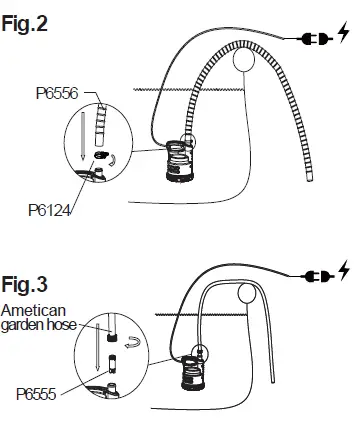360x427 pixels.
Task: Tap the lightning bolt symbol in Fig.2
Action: coord(343,38)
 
